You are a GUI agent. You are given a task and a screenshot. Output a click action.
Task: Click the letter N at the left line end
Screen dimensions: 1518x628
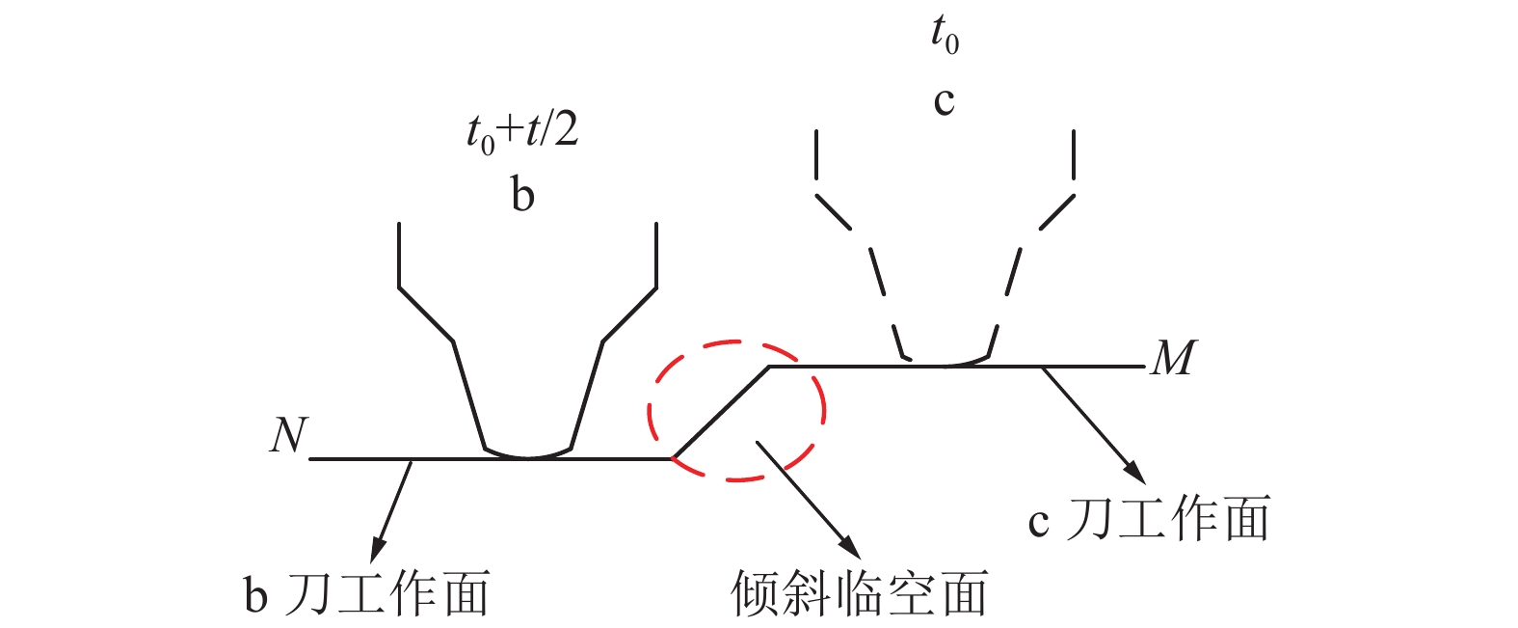pos(289,435)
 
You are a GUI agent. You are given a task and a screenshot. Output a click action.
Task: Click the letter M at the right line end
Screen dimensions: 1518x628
pos(1174,357)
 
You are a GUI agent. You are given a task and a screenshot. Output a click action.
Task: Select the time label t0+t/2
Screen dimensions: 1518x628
pos(522,133)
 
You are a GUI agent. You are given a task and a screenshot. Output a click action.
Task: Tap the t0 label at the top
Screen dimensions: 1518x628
pos(945,35)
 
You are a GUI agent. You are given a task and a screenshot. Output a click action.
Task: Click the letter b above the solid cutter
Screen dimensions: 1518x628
pos(522,195)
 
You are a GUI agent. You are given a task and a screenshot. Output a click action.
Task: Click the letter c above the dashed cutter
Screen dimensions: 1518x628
pos(944,102)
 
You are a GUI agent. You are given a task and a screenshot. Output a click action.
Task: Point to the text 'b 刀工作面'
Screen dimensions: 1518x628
pos(366,593)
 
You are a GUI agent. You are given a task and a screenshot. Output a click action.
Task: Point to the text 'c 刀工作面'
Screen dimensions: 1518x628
pos(1149,519)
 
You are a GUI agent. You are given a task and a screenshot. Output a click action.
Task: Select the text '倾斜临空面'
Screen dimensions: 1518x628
pos(860,593)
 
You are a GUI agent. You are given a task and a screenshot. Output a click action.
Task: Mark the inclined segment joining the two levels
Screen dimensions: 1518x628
pos(720,412)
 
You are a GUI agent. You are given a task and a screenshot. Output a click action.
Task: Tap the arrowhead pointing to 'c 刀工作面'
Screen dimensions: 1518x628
pos(1135,474)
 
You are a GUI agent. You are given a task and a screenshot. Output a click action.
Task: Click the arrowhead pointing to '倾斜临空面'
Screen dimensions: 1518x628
pos(850,548)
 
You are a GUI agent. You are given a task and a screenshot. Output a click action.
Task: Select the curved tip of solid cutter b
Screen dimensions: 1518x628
pos(528,453)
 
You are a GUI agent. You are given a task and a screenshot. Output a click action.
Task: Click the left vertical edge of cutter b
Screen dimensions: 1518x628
pos(398,255)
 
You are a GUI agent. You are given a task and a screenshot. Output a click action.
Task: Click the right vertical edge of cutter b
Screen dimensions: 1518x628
pos(656,255)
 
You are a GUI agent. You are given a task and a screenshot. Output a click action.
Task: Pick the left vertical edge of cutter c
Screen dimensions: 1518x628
pos(816,154)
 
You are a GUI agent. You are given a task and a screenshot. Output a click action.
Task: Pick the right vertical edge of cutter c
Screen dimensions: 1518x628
pos(1074,154)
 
